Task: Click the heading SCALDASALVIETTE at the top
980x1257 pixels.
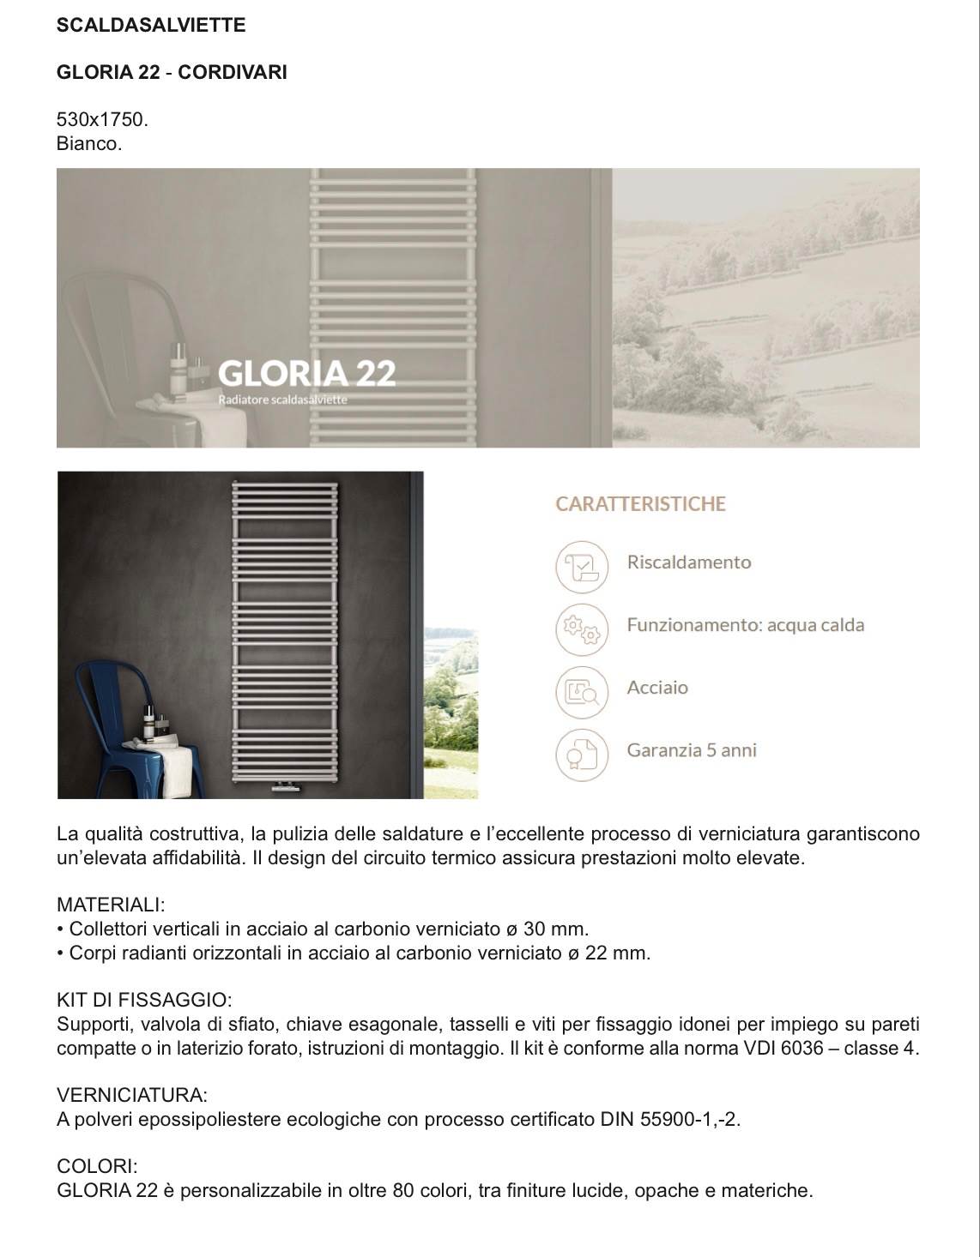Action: point(151,26)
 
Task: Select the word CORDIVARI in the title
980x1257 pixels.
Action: point(233,73)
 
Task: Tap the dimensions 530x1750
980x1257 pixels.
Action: point(102,120)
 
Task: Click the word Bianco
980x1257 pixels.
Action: point(89,143)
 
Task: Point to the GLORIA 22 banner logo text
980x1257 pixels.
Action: point(306,374)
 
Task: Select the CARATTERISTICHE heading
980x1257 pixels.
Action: point(640,504)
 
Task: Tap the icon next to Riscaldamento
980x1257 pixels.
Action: point(582,566)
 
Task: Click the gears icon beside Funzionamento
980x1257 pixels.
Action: point(582,628)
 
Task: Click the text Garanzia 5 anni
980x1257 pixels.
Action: point(692,750)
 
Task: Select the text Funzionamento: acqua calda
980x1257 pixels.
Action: point(745,625)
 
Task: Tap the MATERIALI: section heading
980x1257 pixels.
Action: point(111,905)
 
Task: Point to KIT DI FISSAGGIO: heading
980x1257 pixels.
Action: point(144,1000)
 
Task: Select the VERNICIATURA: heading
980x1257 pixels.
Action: point(132,1095)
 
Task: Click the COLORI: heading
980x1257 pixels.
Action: point(97,1166)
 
